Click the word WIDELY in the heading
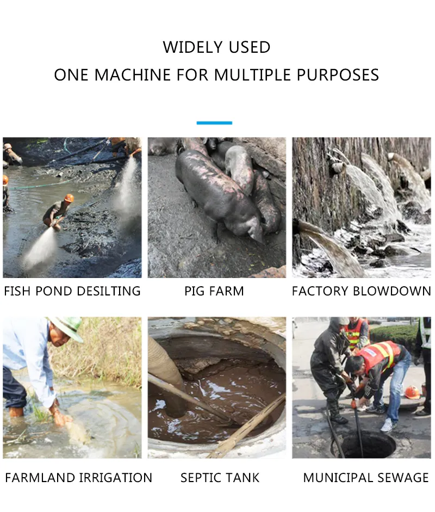pos(193,47)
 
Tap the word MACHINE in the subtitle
pos(133,75)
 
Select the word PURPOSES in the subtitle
pos(338,75)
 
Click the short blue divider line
pos(214,123)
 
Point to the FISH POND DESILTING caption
pos(72,291)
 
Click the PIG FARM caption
pos(214,291)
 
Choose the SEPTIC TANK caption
pos(220,478)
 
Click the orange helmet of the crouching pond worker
pos(69,198)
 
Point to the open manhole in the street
pos(365,443)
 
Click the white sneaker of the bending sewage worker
pos(388,425)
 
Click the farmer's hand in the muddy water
pos(62,418)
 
